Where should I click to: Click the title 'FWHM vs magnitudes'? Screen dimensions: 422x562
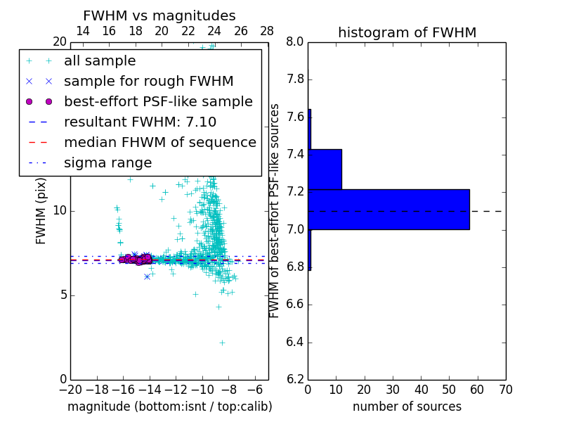tap(159, 16)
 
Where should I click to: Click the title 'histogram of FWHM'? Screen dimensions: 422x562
tap(407, 33)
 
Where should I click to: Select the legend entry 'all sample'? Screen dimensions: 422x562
tap(100, 61)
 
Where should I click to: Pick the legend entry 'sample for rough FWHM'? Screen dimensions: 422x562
tap(148, 82)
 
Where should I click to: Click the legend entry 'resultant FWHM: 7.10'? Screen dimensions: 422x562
tap(140, 122)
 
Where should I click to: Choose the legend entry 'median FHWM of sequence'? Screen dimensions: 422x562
tap(159, 142)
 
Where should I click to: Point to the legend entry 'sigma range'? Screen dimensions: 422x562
tap(107, 163)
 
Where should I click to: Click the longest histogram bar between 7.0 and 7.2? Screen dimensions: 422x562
tap(388, 210)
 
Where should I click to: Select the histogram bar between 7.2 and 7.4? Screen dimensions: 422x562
tap(325, 170)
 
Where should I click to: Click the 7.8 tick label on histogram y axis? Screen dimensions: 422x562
tap(294, 79)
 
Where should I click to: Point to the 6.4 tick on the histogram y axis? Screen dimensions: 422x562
tap(294, 343)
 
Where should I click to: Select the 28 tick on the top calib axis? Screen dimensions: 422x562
tap(268, 31)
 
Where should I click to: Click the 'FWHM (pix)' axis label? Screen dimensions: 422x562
tap(41, 211)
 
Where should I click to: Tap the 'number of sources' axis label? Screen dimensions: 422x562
tap(407, 407)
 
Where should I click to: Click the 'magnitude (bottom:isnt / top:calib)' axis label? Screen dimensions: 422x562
tap(169, 407)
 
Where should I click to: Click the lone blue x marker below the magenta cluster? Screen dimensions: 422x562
tap(147, 276)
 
